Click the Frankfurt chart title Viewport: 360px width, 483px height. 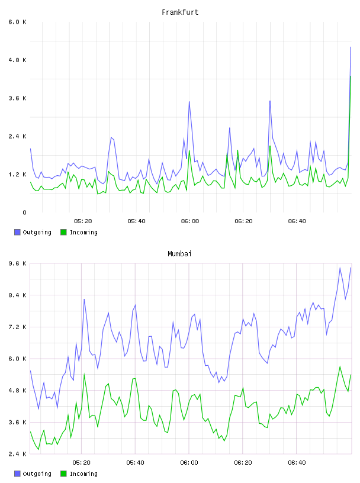tap(180, 12)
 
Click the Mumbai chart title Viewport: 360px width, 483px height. tap(179, 254)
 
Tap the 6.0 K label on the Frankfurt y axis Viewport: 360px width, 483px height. tap(18, 22)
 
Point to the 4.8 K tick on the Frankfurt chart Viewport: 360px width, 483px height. tap(18, 60)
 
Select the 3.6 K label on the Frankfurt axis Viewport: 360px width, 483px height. tap(18, 98)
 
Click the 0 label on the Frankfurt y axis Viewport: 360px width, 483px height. tap(25, 212)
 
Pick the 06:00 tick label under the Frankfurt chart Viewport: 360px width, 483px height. tap(190, 221)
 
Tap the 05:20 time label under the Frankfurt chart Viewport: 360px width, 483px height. tap(83, 221)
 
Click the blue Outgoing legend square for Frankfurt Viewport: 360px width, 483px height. tap(17, 232)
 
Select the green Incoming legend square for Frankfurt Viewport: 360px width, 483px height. tap(63, 232)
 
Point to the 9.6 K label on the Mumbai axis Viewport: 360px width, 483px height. tap(18, 263)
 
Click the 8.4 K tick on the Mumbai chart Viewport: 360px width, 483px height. tap(18, 295)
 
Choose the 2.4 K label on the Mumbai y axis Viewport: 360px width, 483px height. tap(18, 454)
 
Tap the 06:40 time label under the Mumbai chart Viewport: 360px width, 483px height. tap(297, 463)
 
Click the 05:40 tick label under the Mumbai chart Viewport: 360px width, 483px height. tap(135, 463)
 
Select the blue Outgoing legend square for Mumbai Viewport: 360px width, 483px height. tap(17, 474)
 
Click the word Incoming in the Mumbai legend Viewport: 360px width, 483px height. tap(83, 474)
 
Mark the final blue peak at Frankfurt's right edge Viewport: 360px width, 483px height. tap(351, 47)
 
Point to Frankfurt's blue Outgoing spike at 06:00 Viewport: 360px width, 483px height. tap(189, 102)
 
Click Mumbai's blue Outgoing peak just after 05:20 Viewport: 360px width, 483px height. tap(84, 299)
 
